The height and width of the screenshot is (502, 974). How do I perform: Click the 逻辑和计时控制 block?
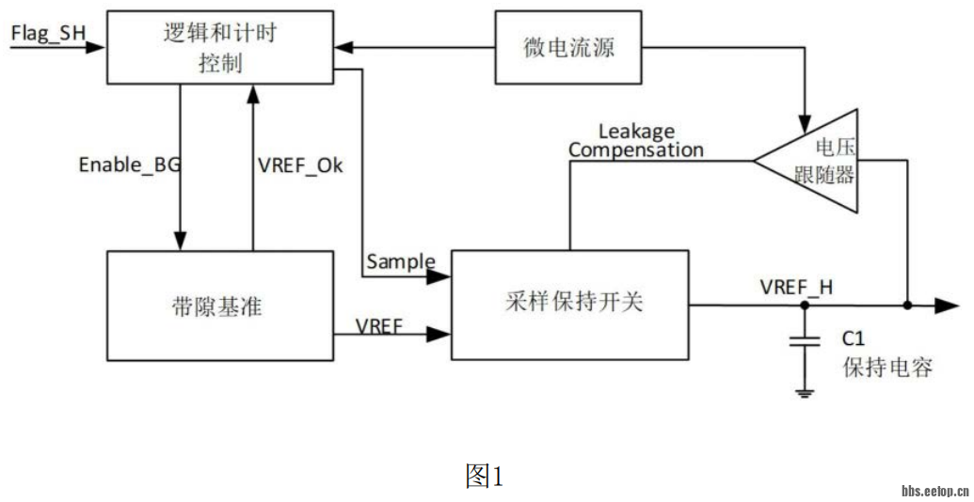pos(220,48)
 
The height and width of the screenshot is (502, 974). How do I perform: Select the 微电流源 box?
pos(569,47)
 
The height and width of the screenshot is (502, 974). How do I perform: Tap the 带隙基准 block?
pos(220,306)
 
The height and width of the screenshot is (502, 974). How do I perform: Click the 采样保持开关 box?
pos(571,305)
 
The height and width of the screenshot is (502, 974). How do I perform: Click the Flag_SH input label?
pos(47,34)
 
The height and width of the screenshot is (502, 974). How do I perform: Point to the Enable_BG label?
pos(130,165)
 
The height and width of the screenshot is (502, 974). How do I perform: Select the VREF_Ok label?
pos(300,165)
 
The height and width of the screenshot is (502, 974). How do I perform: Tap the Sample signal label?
pos(401,261)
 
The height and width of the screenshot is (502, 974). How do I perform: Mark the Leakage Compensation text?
pos(636,141)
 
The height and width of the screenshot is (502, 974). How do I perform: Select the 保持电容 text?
pos(886,367)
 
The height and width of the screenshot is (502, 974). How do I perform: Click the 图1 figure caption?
pos(485,477)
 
